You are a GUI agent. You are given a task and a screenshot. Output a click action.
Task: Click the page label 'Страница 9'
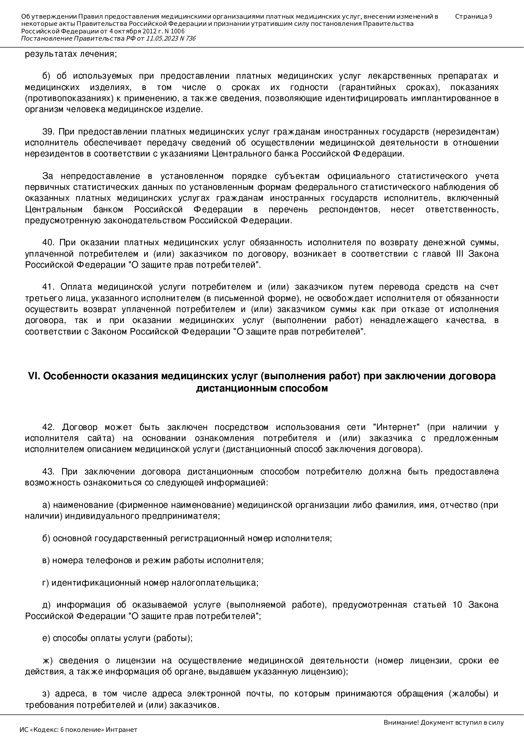coord(473,16)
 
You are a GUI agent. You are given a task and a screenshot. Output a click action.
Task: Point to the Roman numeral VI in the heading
coord(33,376)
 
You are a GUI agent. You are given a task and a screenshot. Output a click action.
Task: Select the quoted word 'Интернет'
coord(396,427)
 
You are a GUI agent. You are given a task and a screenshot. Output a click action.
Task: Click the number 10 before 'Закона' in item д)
coord(457,605)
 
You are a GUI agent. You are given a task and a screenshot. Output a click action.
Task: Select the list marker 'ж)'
coord(47,660)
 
